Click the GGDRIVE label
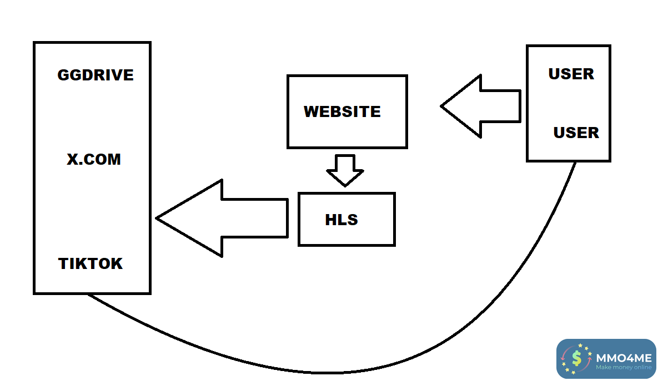pos(96,75)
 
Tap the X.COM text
pos(94,160)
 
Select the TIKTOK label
pos(91,263)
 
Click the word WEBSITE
pos(342,111)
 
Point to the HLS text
pos(341,220)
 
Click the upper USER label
pos(571,74)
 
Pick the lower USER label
pos(576,133)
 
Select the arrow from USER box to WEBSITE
pos(483,106)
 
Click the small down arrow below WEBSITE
pos(345,170)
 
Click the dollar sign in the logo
pos(577,359)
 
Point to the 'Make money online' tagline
pos(623,367)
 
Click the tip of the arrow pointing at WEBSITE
pos(443,106)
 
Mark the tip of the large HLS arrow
pos(158,218)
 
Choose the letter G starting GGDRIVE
pos(63,75)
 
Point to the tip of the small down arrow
pos(345,185)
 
